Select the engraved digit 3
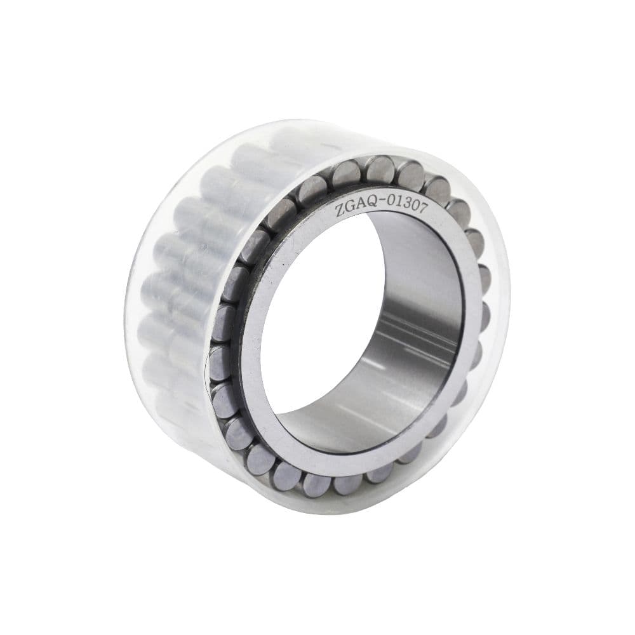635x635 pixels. click(407, 205)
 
